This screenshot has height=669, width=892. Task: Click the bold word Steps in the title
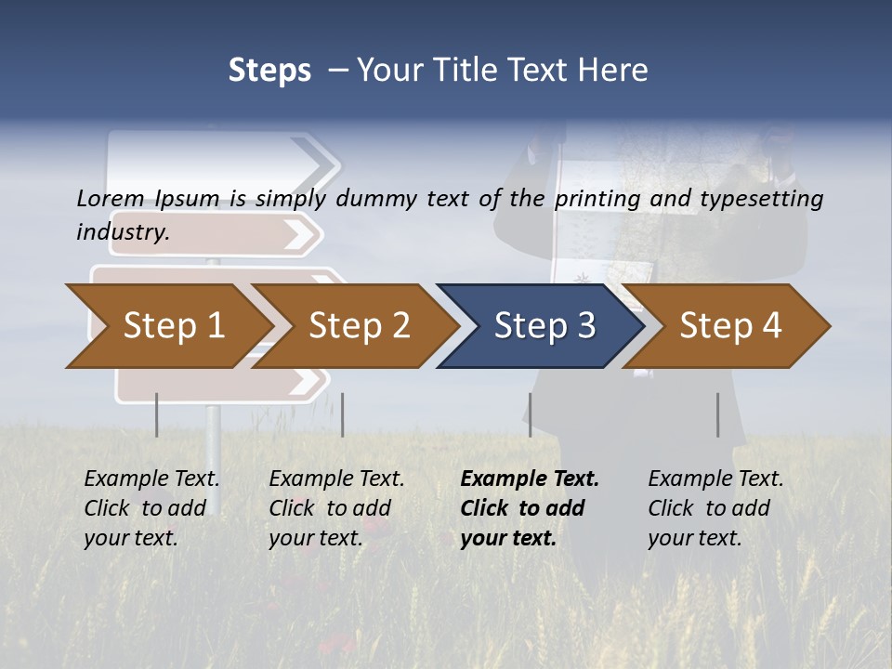[269, 71]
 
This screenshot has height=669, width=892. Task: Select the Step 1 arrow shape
[167, 326]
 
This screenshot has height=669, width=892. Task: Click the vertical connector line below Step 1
[157, 414]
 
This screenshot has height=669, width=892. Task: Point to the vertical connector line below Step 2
[343, 414]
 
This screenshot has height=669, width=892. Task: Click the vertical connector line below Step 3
[530, 414]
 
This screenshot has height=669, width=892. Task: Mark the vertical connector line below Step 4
[717, 414]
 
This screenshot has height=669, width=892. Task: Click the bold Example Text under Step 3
[530, 479]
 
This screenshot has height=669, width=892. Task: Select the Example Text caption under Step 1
[151, 479]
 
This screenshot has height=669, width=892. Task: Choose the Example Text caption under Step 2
[336, 479]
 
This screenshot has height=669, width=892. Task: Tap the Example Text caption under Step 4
[715, 479]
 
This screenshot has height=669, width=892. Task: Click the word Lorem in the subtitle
[111, 199]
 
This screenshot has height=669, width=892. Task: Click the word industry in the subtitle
[121, 232]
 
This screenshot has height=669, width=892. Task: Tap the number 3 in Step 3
[585, 326]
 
